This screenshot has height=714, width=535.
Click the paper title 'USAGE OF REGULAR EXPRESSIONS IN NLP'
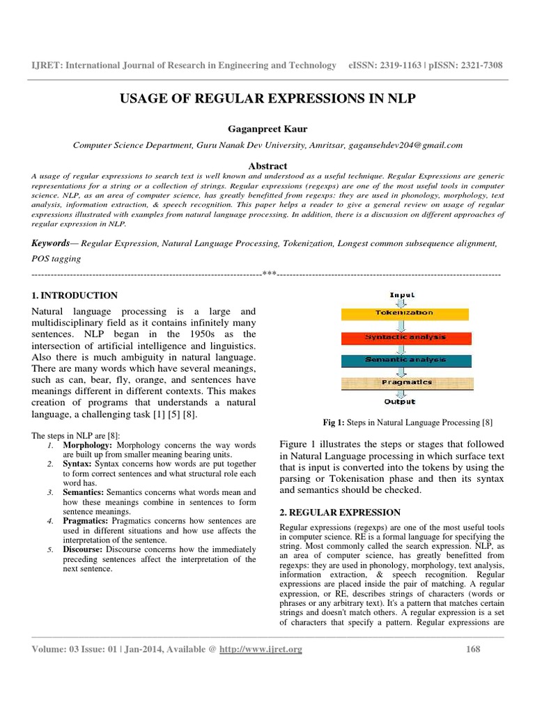(267, 98)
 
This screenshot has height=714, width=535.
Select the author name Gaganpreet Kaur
(267, 130)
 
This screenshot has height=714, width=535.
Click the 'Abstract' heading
(267, 165)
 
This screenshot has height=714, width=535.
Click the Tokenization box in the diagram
(404, 314)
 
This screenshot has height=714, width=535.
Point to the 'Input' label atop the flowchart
(402, 296)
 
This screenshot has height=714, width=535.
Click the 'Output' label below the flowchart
(400, 402)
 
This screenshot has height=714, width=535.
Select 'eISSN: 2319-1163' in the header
(383, 65)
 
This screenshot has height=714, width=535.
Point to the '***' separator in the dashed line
(268, 274)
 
